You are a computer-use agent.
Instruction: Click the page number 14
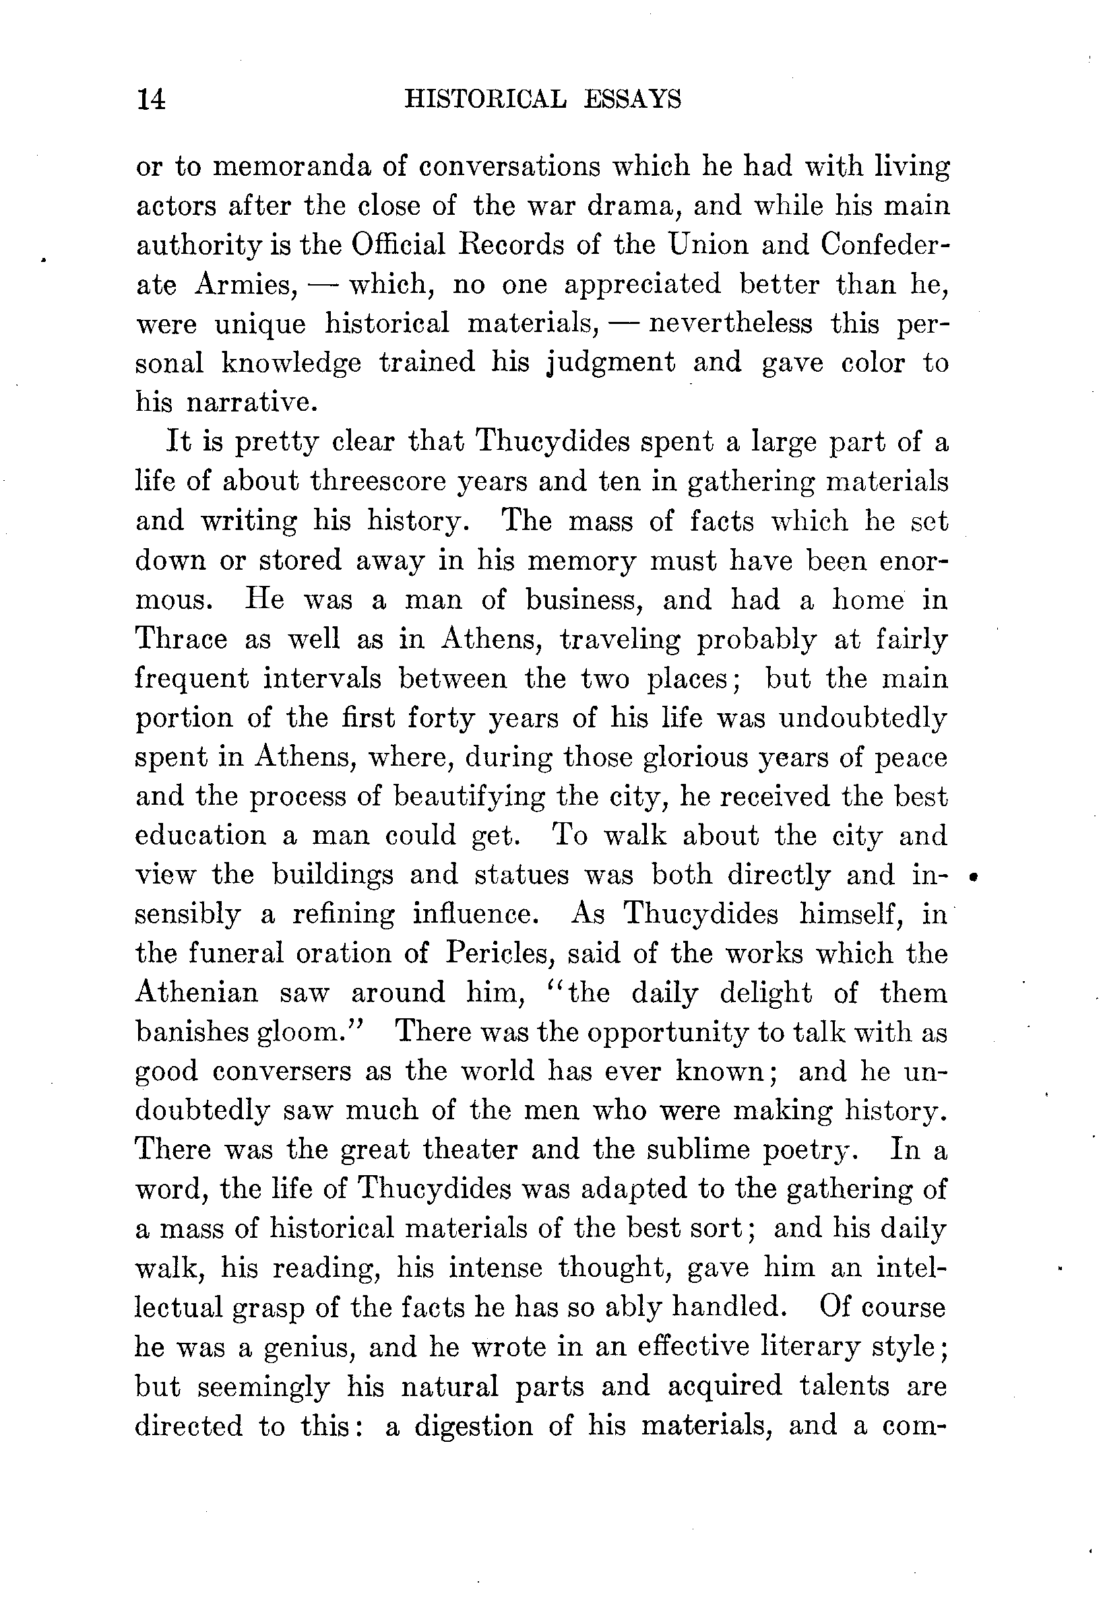pyautogui.click(x=151, y=99)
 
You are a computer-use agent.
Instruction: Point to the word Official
pyautogui.click(x=398, y=244)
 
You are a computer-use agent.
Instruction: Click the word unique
pyautogui.click(x=260, y=324)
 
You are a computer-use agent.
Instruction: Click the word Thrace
pyautogui.click(x=182, y=638)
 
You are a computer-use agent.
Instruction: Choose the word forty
pyautogui.click(x=440, y=718)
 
